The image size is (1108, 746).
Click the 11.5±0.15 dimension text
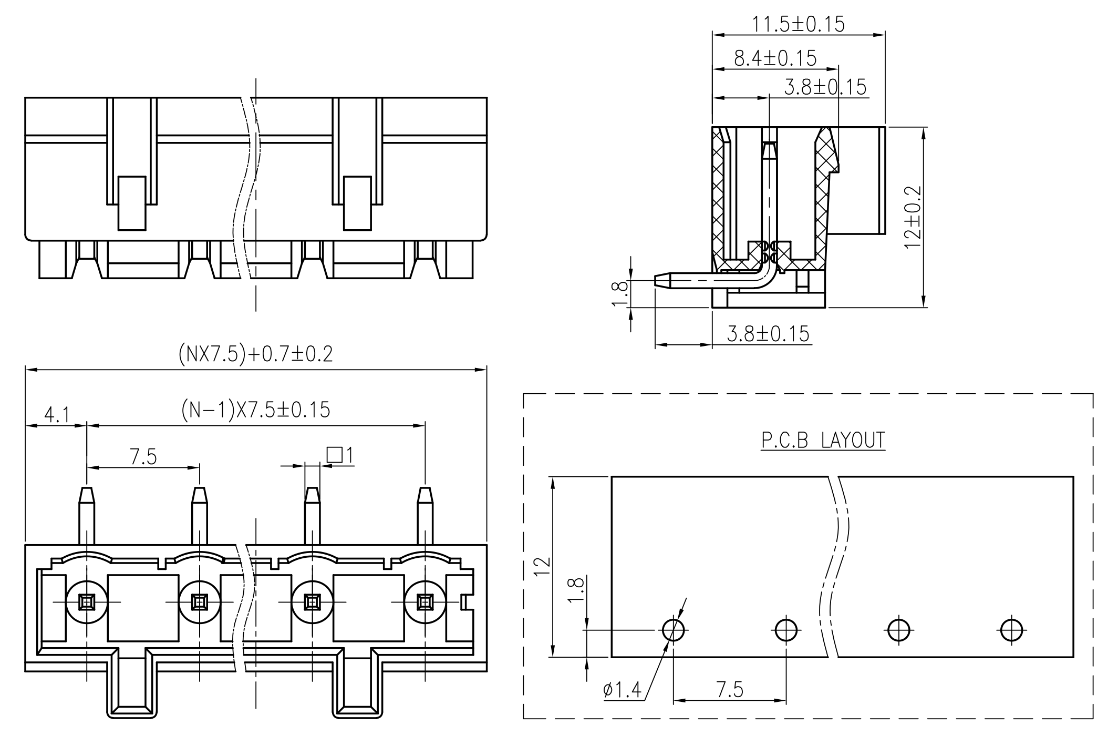coord(798,24)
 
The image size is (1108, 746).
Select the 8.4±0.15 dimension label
coord(775,58)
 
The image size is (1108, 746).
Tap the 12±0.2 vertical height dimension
coord(913,217)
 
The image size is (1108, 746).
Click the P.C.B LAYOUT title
coord(823,440)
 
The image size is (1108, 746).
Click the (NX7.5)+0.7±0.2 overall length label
coord(256,354)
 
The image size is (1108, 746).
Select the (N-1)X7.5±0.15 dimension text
coord(256,410)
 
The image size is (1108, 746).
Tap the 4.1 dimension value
coord(57,415)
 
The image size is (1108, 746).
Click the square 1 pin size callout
coord(340,455)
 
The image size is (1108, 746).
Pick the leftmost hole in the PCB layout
coord(673,629)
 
